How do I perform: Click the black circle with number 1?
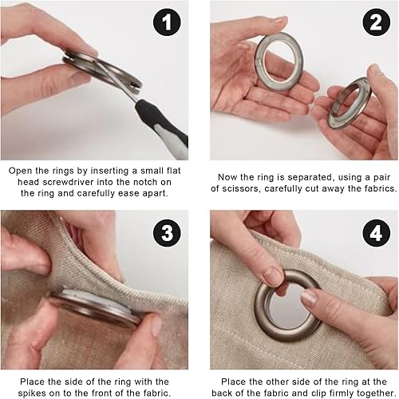(x=167, y=22)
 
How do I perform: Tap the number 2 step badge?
(x=376, y=22)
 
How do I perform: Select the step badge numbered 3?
(x=167, y=233)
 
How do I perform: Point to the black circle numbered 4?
(x=376, y=233)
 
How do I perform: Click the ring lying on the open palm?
(x=279, y=61)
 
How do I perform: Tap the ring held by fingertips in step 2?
(x=350, y=103)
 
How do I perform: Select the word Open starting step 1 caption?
(x=19, y=171)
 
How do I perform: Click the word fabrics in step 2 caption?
(x=381, y=188)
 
